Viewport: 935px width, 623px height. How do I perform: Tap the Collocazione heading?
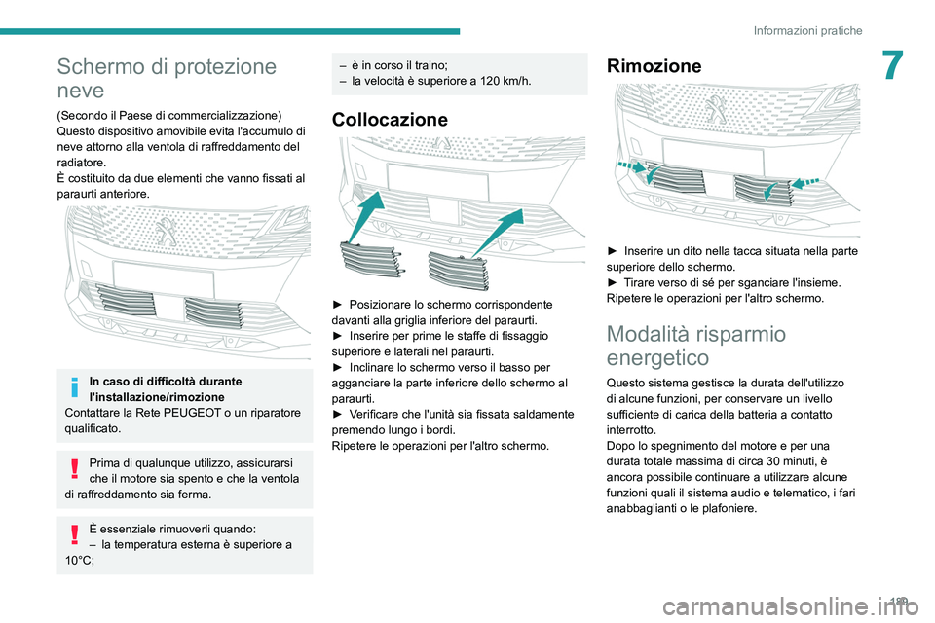(x=390, y=120)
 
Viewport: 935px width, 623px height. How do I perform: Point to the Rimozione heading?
(x=654, y=66)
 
